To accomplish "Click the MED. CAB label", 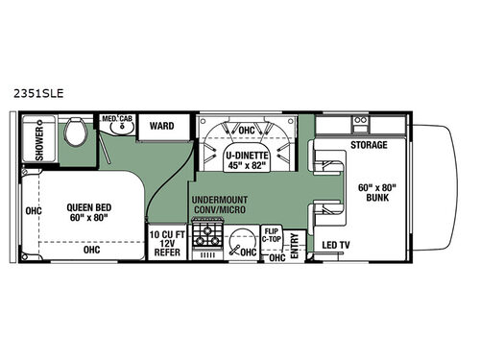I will pos(118,122).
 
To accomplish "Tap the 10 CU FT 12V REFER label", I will pos(166,240).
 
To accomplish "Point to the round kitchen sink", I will pos(247,238).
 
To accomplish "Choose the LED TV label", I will pos(337,246).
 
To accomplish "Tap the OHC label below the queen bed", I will pos(90,249).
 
